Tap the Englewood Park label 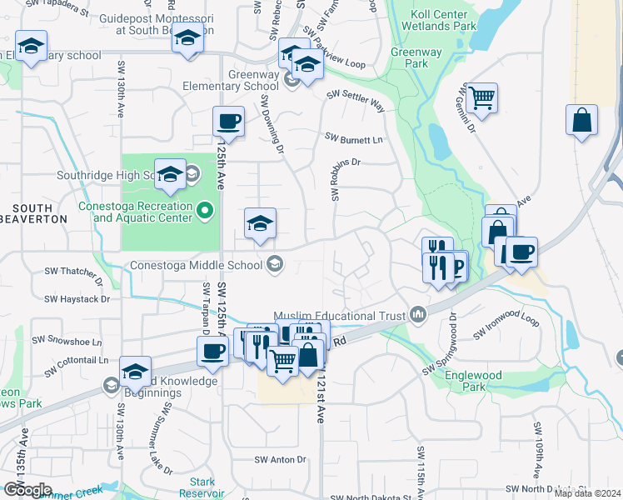(x=474, y=381)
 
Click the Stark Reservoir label (x=202, y=487)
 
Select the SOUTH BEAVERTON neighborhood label (x=39, y=213)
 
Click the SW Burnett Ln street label (x=354, y=138)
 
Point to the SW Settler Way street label (x=356, y=103)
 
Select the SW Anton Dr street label (x=280, y=459)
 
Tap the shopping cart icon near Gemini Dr (x=482, y=98)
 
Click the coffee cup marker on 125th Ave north (x=227, y=122)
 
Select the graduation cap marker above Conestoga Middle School (x=260, y=223)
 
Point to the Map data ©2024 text (x=587, y=493)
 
